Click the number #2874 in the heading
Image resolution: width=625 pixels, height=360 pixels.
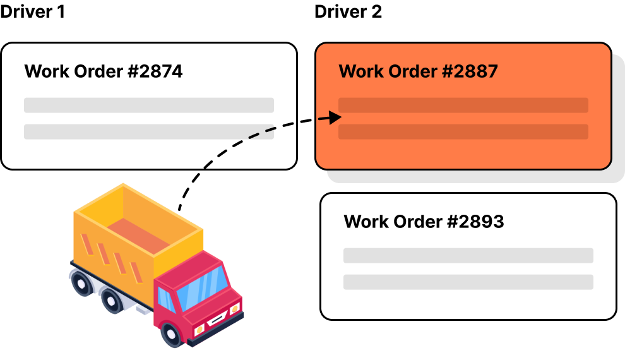(155, 71)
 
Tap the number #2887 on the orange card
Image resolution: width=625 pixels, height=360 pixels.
(470, 71)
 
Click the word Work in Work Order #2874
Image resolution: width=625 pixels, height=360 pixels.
(46, 71)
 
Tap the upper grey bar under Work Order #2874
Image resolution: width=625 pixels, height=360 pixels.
(148, 105)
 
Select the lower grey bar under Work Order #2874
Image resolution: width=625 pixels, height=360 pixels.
(148, 131)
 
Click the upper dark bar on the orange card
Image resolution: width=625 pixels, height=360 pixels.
(463, 105)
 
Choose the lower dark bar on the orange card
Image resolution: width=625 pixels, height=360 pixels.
(463, 131)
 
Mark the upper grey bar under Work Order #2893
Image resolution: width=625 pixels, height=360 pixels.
(468, 255)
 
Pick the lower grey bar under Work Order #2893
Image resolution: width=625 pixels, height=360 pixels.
(468, 282)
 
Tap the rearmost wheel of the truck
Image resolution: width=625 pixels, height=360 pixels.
(81, 284)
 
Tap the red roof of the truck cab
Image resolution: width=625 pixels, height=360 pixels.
(189, 268)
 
